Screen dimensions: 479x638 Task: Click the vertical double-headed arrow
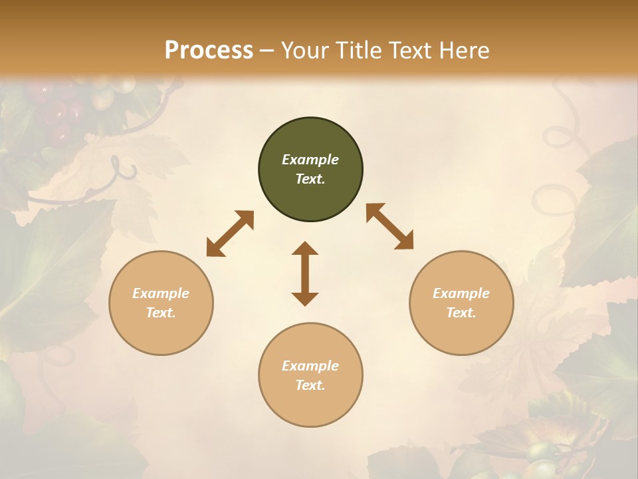[x=305, y=273]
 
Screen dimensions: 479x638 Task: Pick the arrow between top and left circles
[x=230, y=234]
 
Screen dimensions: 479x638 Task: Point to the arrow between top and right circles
[x=390, y=226]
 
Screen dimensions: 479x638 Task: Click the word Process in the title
[x=209, y=51]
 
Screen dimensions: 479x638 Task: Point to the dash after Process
[x=267, y=51]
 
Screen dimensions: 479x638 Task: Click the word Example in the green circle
[x=310, y=160]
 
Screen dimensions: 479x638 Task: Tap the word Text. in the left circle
[x=161, y=313]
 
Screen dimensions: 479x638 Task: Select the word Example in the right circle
[x=461, y=293]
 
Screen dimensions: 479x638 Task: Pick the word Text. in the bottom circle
[x=310, y=385]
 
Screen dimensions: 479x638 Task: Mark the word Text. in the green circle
[x=310, y=179]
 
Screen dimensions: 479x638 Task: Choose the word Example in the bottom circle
[x=310, y=366]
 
